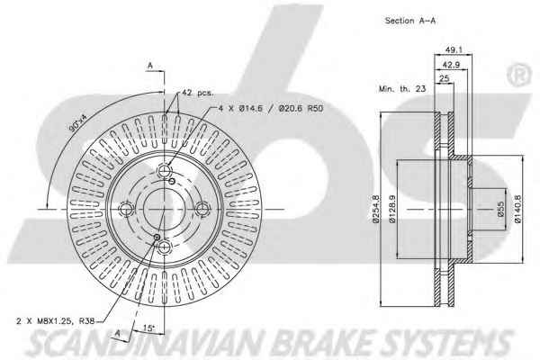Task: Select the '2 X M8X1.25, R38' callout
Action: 57,321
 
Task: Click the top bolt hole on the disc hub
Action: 166,172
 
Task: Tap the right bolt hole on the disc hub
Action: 202,209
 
